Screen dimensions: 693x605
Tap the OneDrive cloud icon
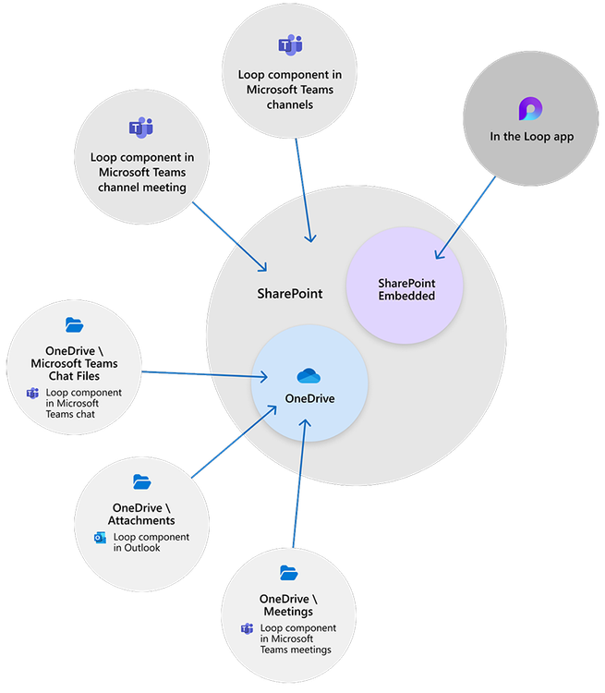coord(308,376)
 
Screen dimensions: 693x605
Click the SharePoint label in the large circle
coord(289,293)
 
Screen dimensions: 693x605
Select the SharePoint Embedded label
coord(405,288)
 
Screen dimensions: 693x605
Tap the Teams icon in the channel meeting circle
coord(140,128)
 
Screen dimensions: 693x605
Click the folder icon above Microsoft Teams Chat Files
coord(75,324)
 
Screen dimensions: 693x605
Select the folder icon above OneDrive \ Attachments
coord(141,481)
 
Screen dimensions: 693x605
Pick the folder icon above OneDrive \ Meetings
coord(288,573)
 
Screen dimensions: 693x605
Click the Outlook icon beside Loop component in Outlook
coord(100,538)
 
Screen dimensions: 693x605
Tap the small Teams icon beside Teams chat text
coord(32,395)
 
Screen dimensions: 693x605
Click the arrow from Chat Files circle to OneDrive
coord(203,374)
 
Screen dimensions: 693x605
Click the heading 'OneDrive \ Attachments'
coord(143,515)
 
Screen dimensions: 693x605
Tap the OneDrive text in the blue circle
coord(309,398)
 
